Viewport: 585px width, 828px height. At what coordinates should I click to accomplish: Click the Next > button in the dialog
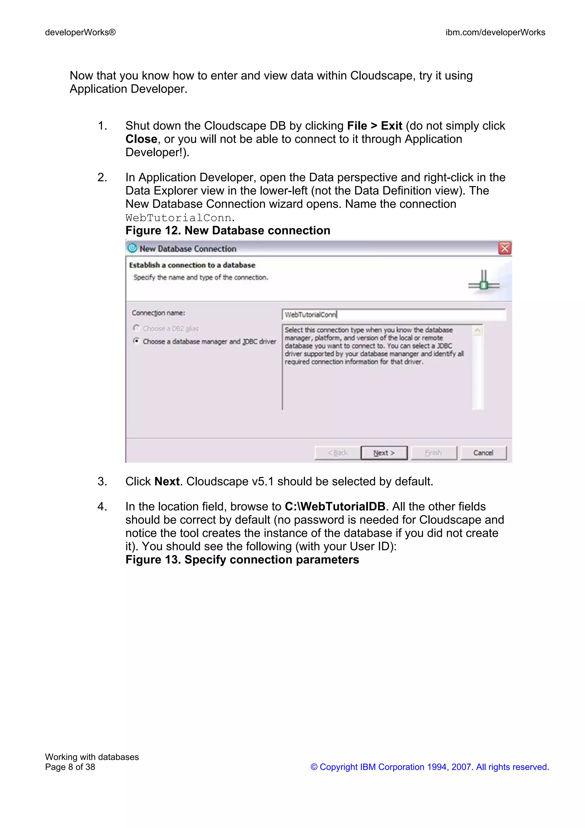384,453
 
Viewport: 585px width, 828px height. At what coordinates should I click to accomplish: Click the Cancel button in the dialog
483,453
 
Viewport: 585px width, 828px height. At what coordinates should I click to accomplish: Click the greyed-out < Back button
337,453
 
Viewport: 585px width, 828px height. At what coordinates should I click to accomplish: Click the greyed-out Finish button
434,453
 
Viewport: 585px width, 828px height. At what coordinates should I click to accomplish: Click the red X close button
505,249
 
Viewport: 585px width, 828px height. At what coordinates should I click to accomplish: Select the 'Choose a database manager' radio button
136,341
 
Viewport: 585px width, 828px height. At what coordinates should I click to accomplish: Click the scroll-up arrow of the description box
477,331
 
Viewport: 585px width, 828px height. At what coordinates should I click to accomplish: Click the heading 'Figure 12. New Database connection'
228,231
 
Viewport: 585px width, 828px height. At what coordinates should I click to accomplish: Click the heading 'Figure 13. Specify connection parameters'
242,560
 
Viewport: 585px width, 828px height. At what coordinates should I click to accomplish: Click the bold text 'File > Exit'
374,126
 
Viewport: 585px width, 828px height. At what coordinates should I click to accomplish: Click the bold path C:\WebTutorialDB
335,507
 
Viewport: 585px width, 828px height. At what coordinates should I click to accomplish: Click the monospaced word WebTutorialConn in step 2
179,218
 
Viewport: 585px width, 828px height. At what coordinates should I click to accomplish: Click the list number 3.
102,481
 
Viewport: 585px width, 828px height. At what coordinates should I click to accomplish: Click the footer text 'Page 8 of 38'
70,767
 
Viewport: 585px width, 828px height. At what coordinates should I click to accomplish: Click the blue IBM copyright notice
430,767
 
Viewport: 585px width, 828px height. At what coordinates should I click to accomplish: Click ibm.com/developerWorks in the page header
495,33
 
